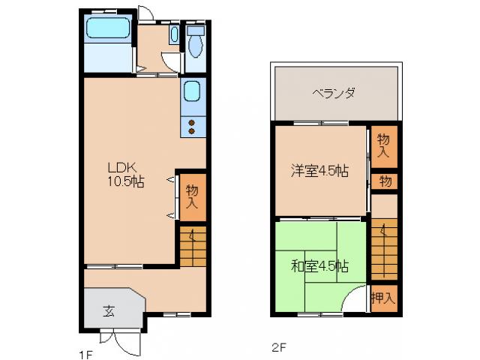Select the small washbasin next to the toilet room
click(x=174, y=34)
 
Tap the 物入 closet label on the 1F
click(x=192, y=197)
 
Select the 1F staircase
click(x=192, y=246)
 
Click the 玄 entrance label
click(x=109, y=310)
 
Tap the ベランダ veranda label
click(x=333, y=94)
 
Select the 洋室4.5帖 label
click(x=319, y=170)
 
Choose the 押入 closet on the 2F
click(x=383, y=298)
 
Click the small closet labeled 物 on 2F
click(x=384, y=181)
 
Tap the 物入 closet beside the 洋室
click(x=383, y=145)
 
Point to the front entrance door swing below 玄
click(x=128, y=342)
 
